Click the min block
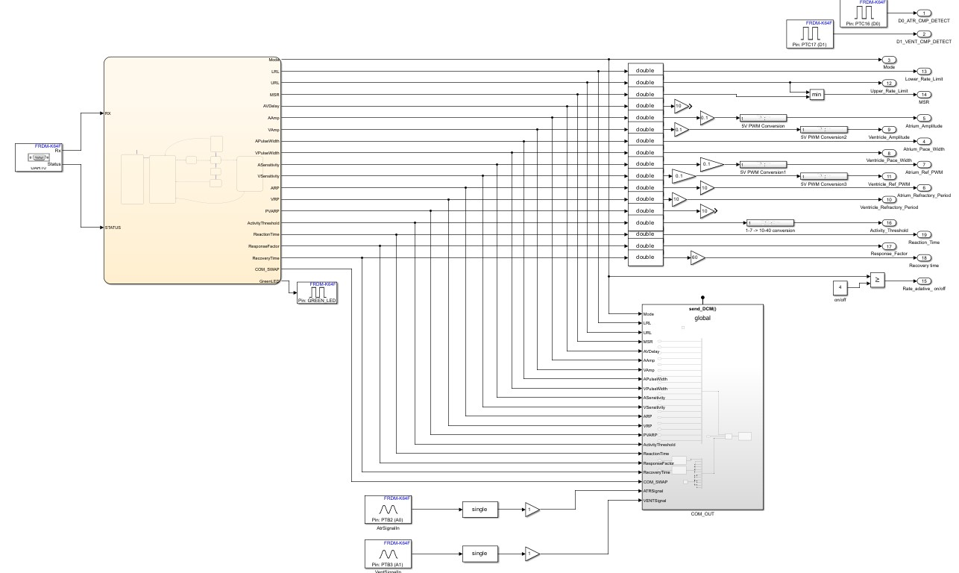(x=817, y=95)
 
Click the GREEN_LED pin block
(x=318, y=293)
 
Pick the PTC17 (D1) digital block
(x=809, y=34)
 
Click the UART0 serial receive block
(x=38, y=157)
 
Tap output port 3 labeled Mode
(x=890, y=60)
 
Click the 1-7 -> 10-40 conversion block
(x=770, y=222)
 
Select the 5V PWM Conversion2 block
(x=823, y=129)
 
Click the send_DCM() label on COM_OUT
(x=702, y=308)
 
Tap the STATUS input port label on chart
(x=113, y=228)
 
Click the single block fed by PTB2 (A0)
(x=480, y=509)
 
